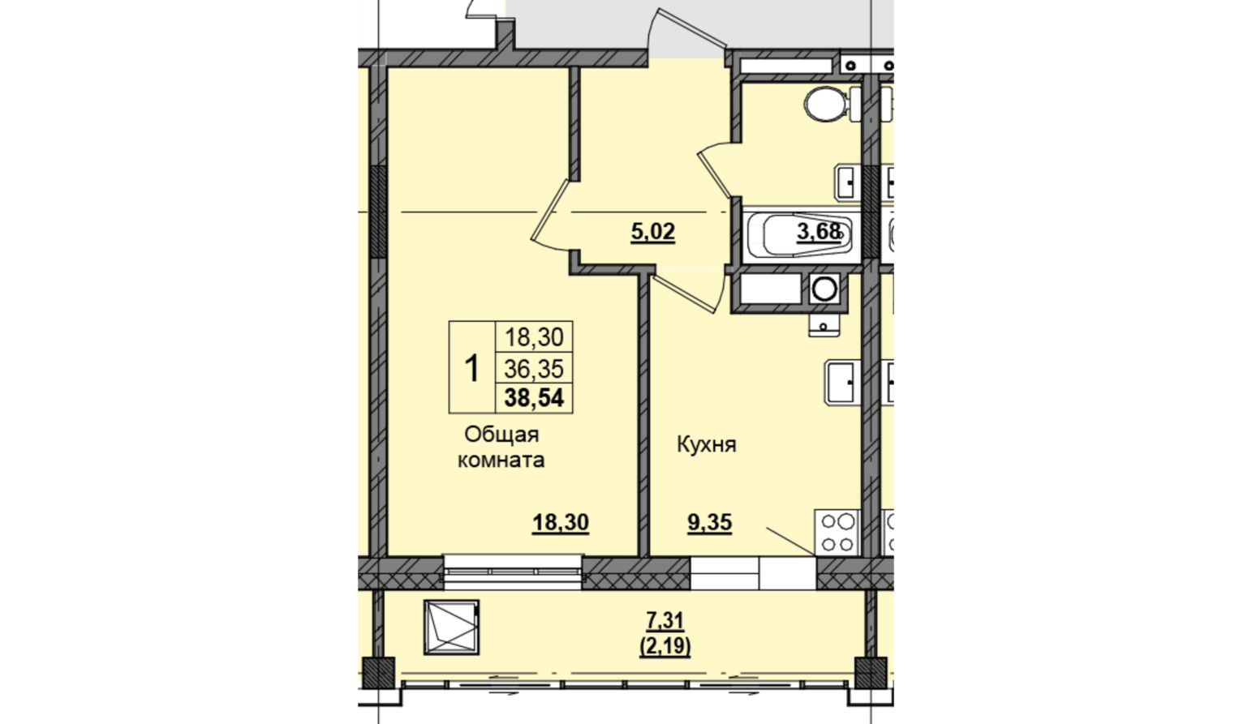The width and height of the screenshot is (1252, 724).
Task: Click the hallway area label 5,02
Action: tap(653, 231)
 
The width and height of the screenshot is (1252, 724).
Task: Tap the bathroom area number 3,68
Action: tap(819, 231)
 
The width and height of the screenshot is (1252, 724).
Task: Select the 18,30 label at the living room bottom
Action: tap(561, 523)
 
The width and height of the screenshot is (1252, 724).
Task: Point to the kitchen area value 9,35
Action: tap(709, 523)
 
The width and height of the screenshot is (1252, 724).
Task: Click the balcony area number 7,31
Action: tap(665, 620)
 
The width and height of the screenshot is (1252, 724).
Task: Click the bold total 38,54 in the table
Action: tap(534, 398)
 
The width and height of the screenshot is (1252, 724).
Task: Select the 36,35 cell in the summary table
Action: tap(534, 369)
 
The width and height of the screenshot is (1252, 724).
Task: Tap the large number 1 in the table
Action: tap(472, 368)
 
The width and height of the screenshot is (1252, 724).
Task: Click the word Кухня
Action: tap(707, 445)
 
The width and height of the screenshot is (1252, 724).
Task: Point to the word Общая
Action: tap(501, 435)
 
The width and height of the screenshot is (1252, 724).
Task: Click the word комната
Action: tap(501, 461)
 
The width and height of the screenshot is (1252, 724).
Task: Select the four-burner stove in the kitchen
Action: tap(837, 533)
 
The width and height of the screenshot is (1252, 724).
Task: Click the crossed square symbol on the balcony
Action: tap(451, 628)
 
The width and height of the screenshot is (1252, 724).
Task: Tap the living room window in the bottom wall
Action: tap(513, 572)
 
